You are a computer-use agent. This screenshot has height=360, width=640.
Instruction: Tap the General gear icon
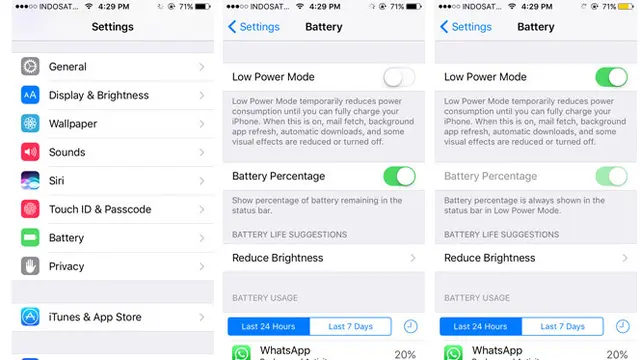30,67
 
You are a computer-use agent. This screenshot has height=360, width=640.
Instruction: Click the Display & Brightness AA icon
30,95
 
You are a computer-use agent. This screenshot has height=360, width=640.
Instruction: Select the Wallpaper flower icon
30,124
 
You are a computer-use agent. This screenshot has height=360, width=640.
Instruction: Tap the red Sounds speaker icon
30,152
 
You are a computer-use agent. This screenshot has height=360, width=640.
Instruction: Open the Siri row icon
30,180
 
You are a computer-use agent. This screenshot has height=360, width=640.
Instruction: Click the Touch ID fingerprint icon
30,209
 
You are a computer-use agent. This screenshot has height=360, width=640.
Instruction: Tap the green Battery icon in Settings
30,238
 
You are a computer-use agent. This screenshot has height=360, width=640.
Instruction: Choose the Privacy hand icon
30,266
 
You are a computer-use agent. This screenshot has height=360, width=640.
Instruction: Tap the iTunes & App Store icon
30,317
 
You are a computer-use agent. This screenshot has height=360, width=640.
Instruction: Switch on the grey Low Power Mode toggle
399,77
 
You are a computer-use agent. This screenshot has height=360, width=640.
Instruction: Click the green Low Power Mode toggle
611,77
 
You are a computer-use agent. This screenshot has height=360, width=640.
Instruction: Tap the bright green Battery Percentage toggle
399,176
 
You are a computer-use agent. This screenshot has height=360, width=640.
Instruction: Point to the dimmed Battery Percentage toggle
611,176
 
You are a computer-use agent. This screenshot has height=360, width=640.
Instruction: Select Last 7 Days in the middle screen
351,327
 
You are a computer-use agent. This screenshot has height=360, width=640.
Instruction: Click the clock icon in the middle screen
411,327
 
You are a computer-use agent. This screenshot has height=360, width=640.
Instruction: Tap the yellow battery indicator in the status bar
626,7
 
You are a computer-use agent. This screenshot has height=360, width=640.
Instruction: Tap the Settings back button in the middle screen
253,27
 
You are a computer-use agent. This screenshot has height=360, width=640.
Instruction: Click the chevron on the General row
202,67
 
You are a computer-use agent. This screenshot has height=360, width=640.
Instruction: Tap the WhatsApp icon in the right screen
453,353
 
